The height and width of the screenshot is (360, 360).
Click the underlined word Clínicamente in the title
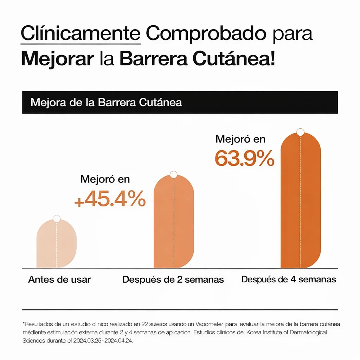click(81, 34)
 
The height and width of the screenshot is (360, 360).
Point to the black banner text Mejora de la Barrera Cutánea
click(106, 102)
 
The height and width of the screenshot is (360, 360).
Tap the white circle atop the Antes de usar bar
click(57, 219)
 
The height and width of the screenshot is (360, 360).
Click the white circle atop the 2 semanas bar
click(174, 174)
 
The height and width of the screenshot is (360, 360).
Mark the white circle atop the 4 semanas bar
click(300, 132)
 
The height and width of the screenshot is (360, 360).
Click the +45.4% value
click(110, 199)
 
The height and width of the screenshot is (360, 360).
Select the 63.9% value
click(244, 159)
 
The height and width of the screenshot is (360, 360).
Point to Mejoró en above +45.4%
click(105, 179)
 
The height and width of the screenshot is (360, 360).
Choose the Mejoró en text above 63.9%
click(240, 139)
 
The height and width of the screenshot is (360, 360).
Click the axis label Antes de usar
click(59, 279)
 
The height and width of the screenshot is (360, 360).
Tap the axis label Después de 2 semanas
click(173, 279)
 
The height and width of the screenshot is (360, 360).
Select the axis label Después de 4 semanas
click(289, 279)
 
